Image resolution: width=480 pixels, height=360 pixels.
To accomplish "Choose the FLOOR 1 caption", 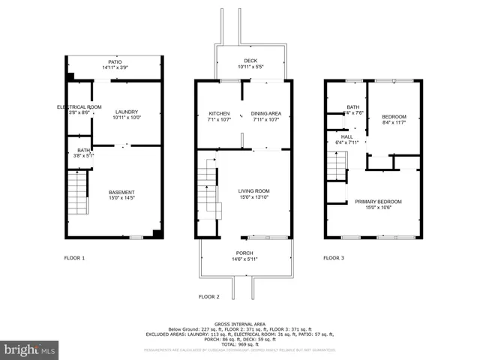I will click(73, 258).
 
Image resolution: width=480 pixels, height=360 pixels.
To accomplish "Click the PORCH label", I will click(244, 256).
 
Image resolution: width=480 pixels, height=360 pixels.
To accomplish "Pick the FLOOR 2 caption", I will click(208, 297).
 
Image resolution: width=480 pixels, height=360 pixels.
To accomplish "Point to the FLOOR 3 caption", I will click(334, 258).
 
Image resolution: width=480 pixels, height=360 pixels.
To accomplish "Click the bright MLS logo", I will click(30, 349).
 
